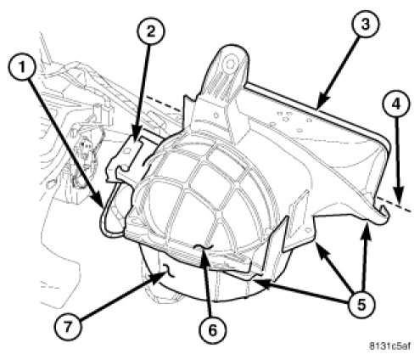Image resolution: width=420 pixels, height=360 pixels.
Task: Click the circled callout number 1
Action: click(x=22, y=68)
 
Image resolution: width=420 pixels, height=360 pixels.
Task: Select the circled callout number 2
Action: click(x=151, y=31)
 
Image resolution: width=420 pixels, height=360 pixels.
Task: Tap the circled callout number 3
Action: click(x=366, y=25)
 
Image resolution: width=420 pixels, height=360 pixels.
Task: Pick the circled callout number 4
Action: click(x=396, y=104)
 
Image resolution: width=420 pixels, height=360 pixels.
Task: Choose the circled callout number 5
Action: click(x=361, y=305)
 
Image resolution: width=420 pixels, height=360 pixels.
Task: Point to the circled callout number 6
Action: click(x=212, y=329)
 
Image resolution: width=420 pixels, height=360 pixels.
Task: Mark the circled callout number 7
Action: click(x=68, y=328)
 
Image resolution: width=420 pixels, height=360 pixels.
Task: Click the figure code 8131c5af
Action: click(x=390, y=346)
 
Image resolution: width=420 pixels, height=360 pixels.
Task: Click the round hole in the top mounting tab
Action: click(x=229, y=63)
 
